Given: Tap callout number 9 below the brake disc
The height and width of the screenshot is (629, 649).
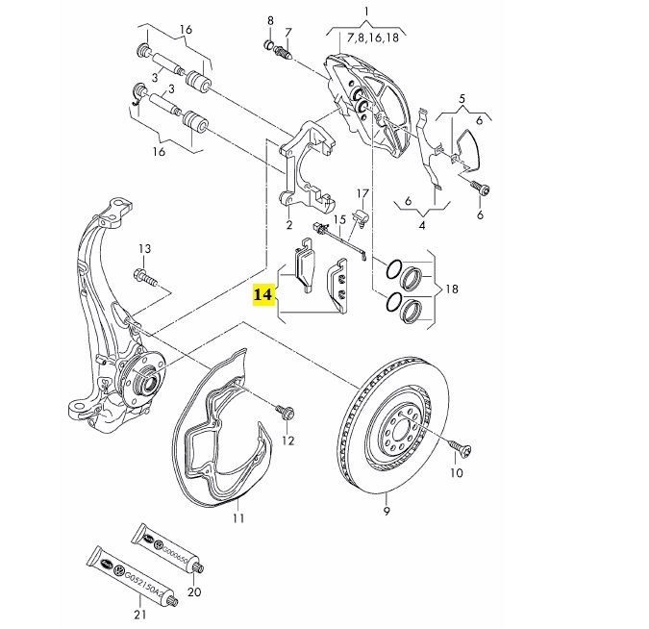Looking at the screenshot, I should (x=386, y=511).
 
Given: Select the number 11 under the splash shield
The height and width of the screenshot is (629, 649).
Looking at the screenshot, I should (x=238, y=518).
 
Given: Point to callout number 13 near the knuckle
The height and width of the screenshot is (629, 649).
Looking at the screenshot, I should (x=143, y=250).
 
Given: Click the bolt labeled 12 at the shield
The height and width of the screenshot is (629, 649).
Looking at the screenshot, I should (x=286, y=412).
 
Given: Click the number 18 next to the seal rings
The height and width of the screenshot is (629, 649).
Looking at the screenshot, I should (x=452, y=289).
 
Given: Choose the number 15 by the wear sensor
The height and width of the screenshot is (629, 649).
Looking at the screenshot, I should (x=339, y=220).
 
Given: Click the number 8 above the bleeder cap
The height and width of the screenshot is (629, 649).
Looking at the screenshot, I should (x=270, y=20).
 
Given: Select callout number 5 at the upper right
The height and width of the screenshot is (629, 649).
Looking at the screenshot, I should (x=462, y=99).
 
